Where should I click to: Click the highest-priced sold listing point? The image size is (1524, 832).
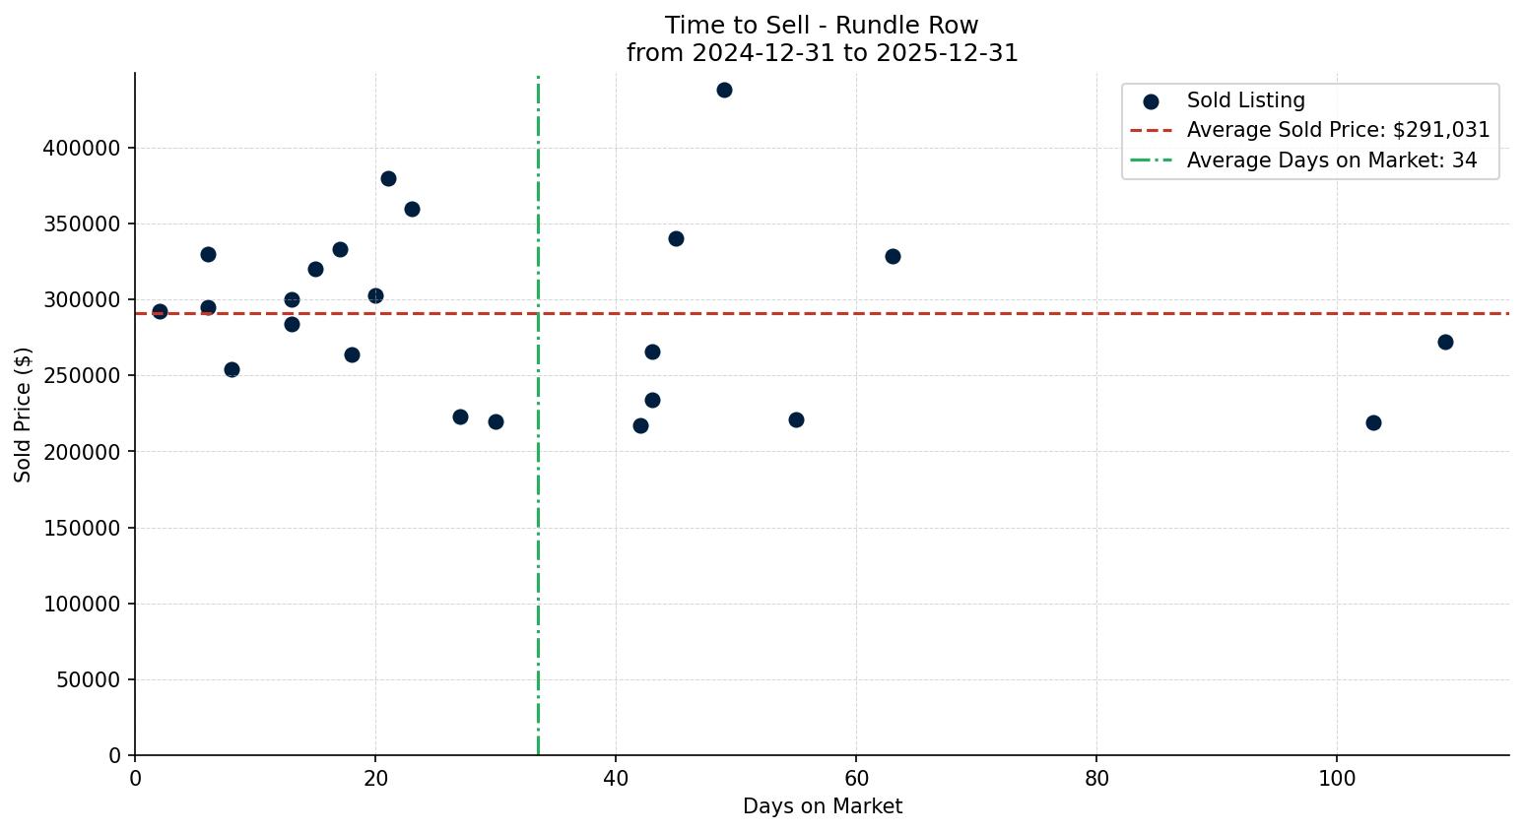click(724, 91)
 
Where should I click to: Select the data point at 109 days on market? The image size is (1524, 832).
click(1445, 343)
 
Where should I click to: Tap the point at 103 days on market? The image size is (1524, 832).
click(1373, 423)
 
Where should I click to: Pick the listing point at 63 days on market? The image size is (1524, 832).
click(893, 257)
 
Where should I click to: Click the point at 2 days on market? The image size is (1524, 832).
click(160, 312)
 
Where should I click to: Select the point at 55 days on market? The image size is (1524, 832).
click(796, 420)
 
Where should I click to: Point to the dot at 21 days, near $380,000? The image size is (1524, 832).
click(388, 179)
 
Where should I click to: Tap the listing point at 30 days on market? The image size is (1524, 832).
click(496, 422)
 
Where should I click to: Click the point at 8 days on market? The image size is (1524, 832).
click(232, 370)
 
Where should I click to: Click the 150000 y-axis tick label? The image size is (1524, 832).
click(82, 529)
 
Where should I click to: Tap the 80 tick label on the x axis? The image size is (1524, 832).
click(1096, 779)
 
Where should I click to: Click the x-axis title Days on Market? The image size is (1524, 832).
click(823, 807)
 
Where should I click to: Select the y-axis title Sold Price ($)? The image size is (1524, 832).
click(24, 415)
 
